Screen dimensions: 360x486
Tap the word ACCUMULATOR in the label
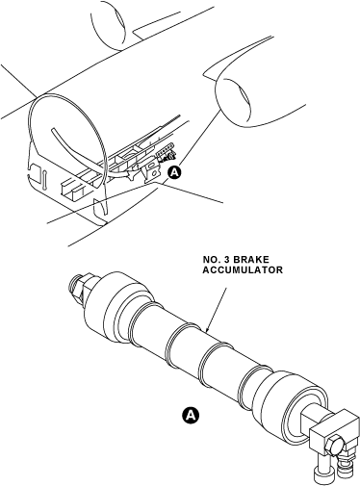243,270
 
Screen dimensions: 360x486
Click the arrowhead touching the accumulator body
208,328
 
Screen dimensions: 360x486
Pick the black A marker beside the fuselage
174,172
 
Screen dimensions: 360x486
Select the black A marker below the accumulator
191,415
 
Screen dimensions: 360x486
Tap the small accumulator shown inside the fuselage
166,153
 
